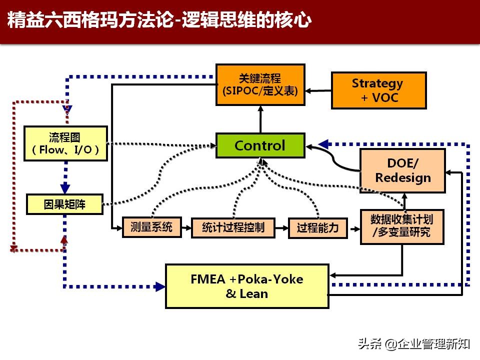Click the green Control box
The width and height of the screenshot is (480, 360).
(260, 145)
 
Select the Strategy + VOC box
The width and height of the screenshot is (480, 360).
(378, 90)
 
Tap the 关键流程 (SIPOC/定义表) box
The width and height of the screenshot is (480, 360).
(260, 84)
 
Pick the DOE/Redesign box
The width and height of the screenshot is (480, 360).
(402, 170)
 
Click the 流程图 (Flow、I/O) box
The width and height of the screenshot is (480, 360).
(65, 143)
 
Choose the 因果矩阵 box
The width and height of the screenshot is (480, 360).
(64, 204)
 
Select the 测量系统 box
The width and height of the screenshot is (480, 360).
(151, 227)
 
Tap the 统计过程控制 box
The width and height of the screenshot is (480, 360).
(233, 228)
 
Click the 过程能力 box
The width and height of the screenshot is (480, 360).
(318, 228)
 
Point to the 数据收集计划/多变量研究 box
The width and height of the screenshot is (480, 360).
(401, 226)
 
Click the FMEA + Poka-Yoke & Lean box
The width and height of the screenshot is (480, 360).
(247, 286)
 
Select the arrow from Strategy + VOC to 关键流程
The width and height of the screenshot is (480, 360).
(318, 90)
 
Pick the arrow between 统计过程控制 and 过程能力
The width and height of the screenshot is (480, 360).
(281, 228)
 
